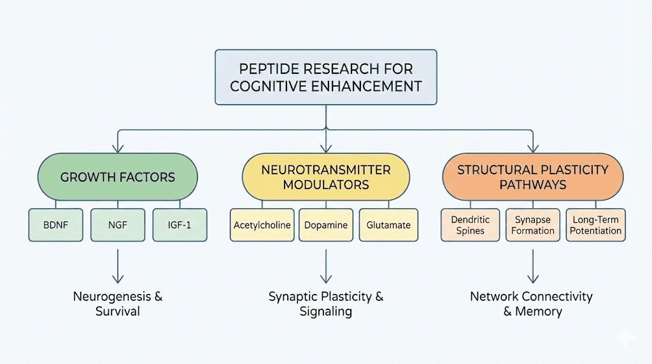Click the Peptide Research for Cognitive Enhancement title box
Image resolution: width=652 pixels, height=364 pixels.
[x=326, y=78]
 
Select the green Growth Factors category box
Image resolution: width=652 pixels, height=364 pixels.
[x=118, y=177]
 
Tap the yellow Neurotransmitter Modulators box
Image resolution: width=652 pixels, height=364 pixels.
[x=326, y=177]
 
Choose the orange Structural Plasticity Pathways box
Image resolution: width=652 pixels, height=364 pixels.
[x=532, y=177]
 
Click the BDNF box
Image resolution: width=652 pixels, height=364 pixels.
[x=56, y=225]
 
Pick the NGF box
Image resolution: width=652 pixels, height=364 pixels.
[x=118, y=225]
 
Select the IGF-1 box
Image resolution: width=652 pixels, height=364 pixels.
[x=180, y=225]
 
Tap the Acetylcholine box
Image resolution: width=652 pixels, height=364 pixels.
[x=262, y=225]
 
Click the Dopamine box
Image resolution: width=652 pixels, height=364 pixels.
[x=325, y=225]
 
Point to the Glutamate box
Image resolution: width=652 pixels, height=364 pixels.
[x=388, y=225]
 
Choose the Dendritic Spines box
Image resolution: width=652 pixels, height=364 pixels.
[x=471, y=225]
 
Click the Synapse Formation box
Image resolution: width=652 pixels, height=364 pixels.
[x=533, y=225]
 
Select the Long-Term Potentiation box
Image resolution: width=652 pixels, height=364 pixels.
[x=595, y=225]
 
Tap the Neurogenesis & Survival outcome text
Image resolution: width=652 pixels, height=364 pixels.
[x=118, y=304]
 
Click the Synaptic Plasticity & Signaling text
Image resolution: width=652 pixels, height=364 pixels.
[x=326, y=304]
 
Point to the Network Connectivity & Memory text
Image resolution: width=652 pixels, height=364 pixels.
[x=532, y=304]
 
